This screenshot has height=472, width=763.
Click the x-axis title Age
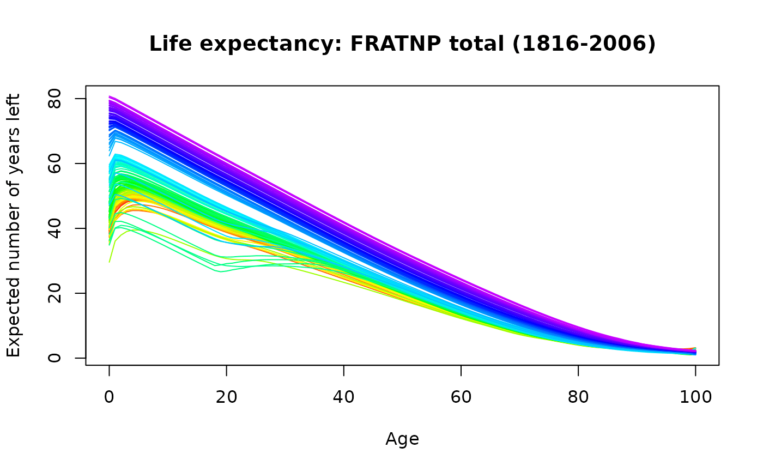(x=402, y=439)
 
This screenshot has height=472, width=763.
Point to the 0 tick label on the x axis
(x=110, y=397)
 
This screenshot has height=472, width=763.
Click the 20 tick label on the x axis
(x=227, y=397)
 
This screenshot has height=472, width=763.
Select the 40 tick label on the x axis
(x=344, y=397)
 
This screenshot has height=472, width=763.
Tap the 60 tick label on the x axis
(x=461, y=397)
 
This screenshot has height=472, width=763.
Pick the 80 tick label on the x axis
(x=578, y=397)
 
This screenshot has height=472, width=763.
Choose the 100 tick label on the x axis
(x=695, y=397)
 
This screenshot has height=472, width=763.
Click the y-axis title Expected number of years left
(x=14, y=225)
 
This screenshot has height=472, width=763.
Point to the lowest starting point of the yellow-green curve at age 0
(x=110, y=262)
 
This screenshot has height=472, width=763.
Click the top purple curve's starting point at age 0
(x=110, y=96)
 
